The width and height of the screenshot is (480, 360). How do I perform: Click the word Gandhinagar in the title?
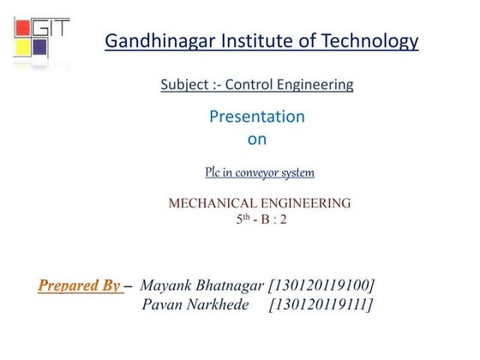156,40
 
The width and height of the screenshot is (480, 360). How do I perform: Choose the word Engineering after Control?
320,85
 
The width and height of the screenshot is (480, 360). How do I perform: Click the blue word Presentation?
256,116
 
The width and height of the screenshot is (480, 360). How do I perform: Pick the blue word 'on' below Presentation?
256,137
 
